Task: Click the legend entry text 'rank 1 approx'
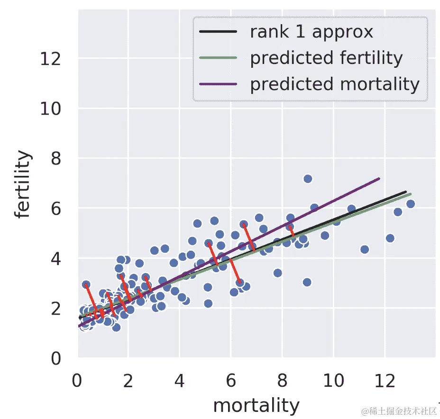pos(312,32)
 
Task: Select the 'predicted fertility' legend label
pos(326,58)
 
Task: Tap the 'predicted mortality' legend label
pos(335,84)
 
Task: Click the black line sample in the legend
pos(218,32)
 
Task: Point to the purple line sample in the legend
pos(218,84)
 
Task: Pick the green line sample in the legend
pos(218,58)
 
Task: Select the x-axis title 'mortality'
pos(256,406)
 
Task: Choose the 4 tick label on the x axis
pos(180,380)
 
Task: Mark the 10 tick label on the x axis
pos(333,380)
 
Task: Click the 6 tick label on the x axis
pos(231,380)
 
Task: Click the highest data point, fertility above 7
pos(308,179)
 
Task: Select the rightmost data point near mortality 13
pos(411,204)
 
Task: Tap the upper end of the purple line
pos(379,179)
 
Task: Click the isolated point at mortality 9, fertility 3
pos(307,282)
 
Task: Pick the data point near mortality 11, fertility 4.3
pos(365,249)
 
